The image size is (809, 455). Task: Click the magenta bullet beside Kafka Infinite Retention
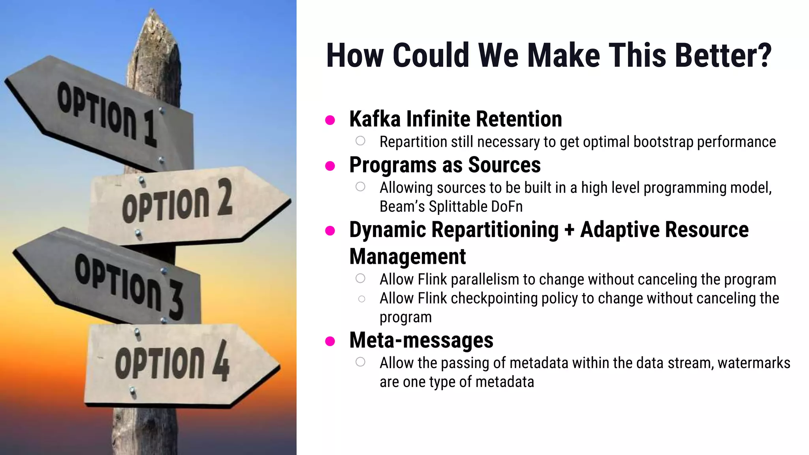[330, 120]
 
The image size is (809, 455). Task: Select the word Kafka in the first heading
[374, 119]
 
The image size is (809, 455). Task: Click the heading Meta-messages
[421, 340]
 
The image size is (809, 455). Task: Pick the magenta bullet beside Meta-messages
[330, 341]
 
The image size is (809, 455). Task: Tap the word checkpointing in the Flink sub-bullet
[494, 299]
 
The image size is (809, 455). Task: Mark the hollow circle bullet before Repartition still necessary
[360, 141]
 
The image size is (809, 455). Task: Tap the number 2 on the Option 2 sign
[224, 197]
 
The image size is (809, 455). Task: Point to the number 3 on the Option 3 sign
[175, 301]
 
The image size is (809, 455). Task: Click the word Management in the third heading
[407, 257]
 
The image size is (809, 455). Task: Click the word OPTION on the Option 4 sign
[160, 363]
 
